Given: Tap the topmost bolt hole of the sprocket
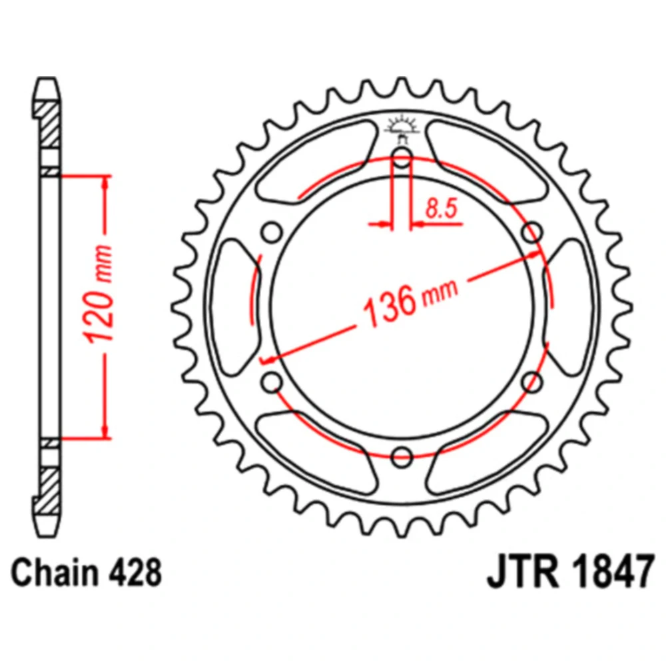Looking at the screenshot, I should pos(402,159).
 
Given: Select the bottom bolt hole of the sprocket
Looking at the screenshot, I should pos(402,457).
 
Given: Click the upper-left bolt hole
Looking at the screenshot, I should pos(272,233).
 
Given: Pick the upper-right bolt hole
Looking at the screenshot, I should pos(531,233).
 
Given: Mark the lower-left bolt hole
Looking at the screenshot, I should pos(272,382).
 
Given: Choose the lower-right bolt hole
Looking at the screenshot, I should pos(531,382).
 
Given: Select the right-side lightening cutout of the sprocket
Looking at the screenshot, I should pos(570,308).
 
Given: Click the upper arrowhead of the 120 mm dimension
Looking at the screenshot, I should pos(104,184).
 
